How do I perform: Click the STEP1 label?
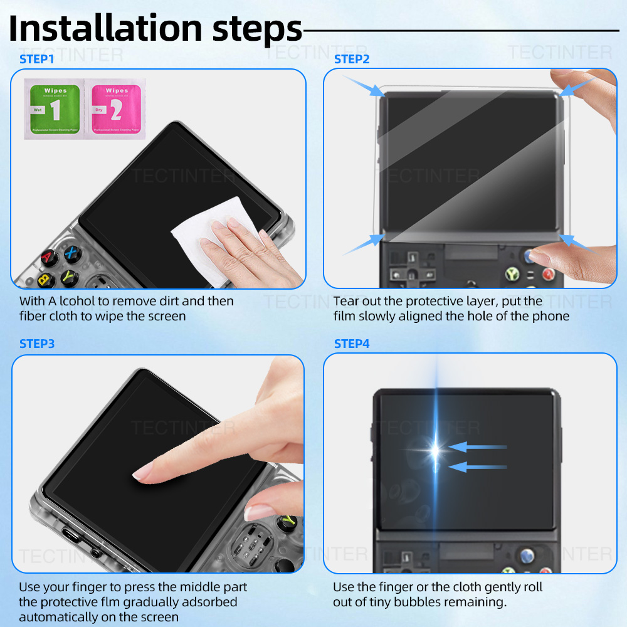coord(37,60)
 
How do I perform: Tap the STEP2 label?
coord(352,60)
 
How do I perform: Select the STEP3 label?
coord(37,344)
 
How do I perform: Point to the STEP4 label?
coord(352,344)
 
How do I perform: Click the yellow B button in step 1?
coord(45,279)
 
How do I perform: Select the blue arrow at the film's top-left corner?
coord(364,86)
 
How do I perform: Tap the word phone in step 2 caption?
coord(550,316)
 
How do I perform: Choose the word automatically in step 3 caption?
coord(59,617)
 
